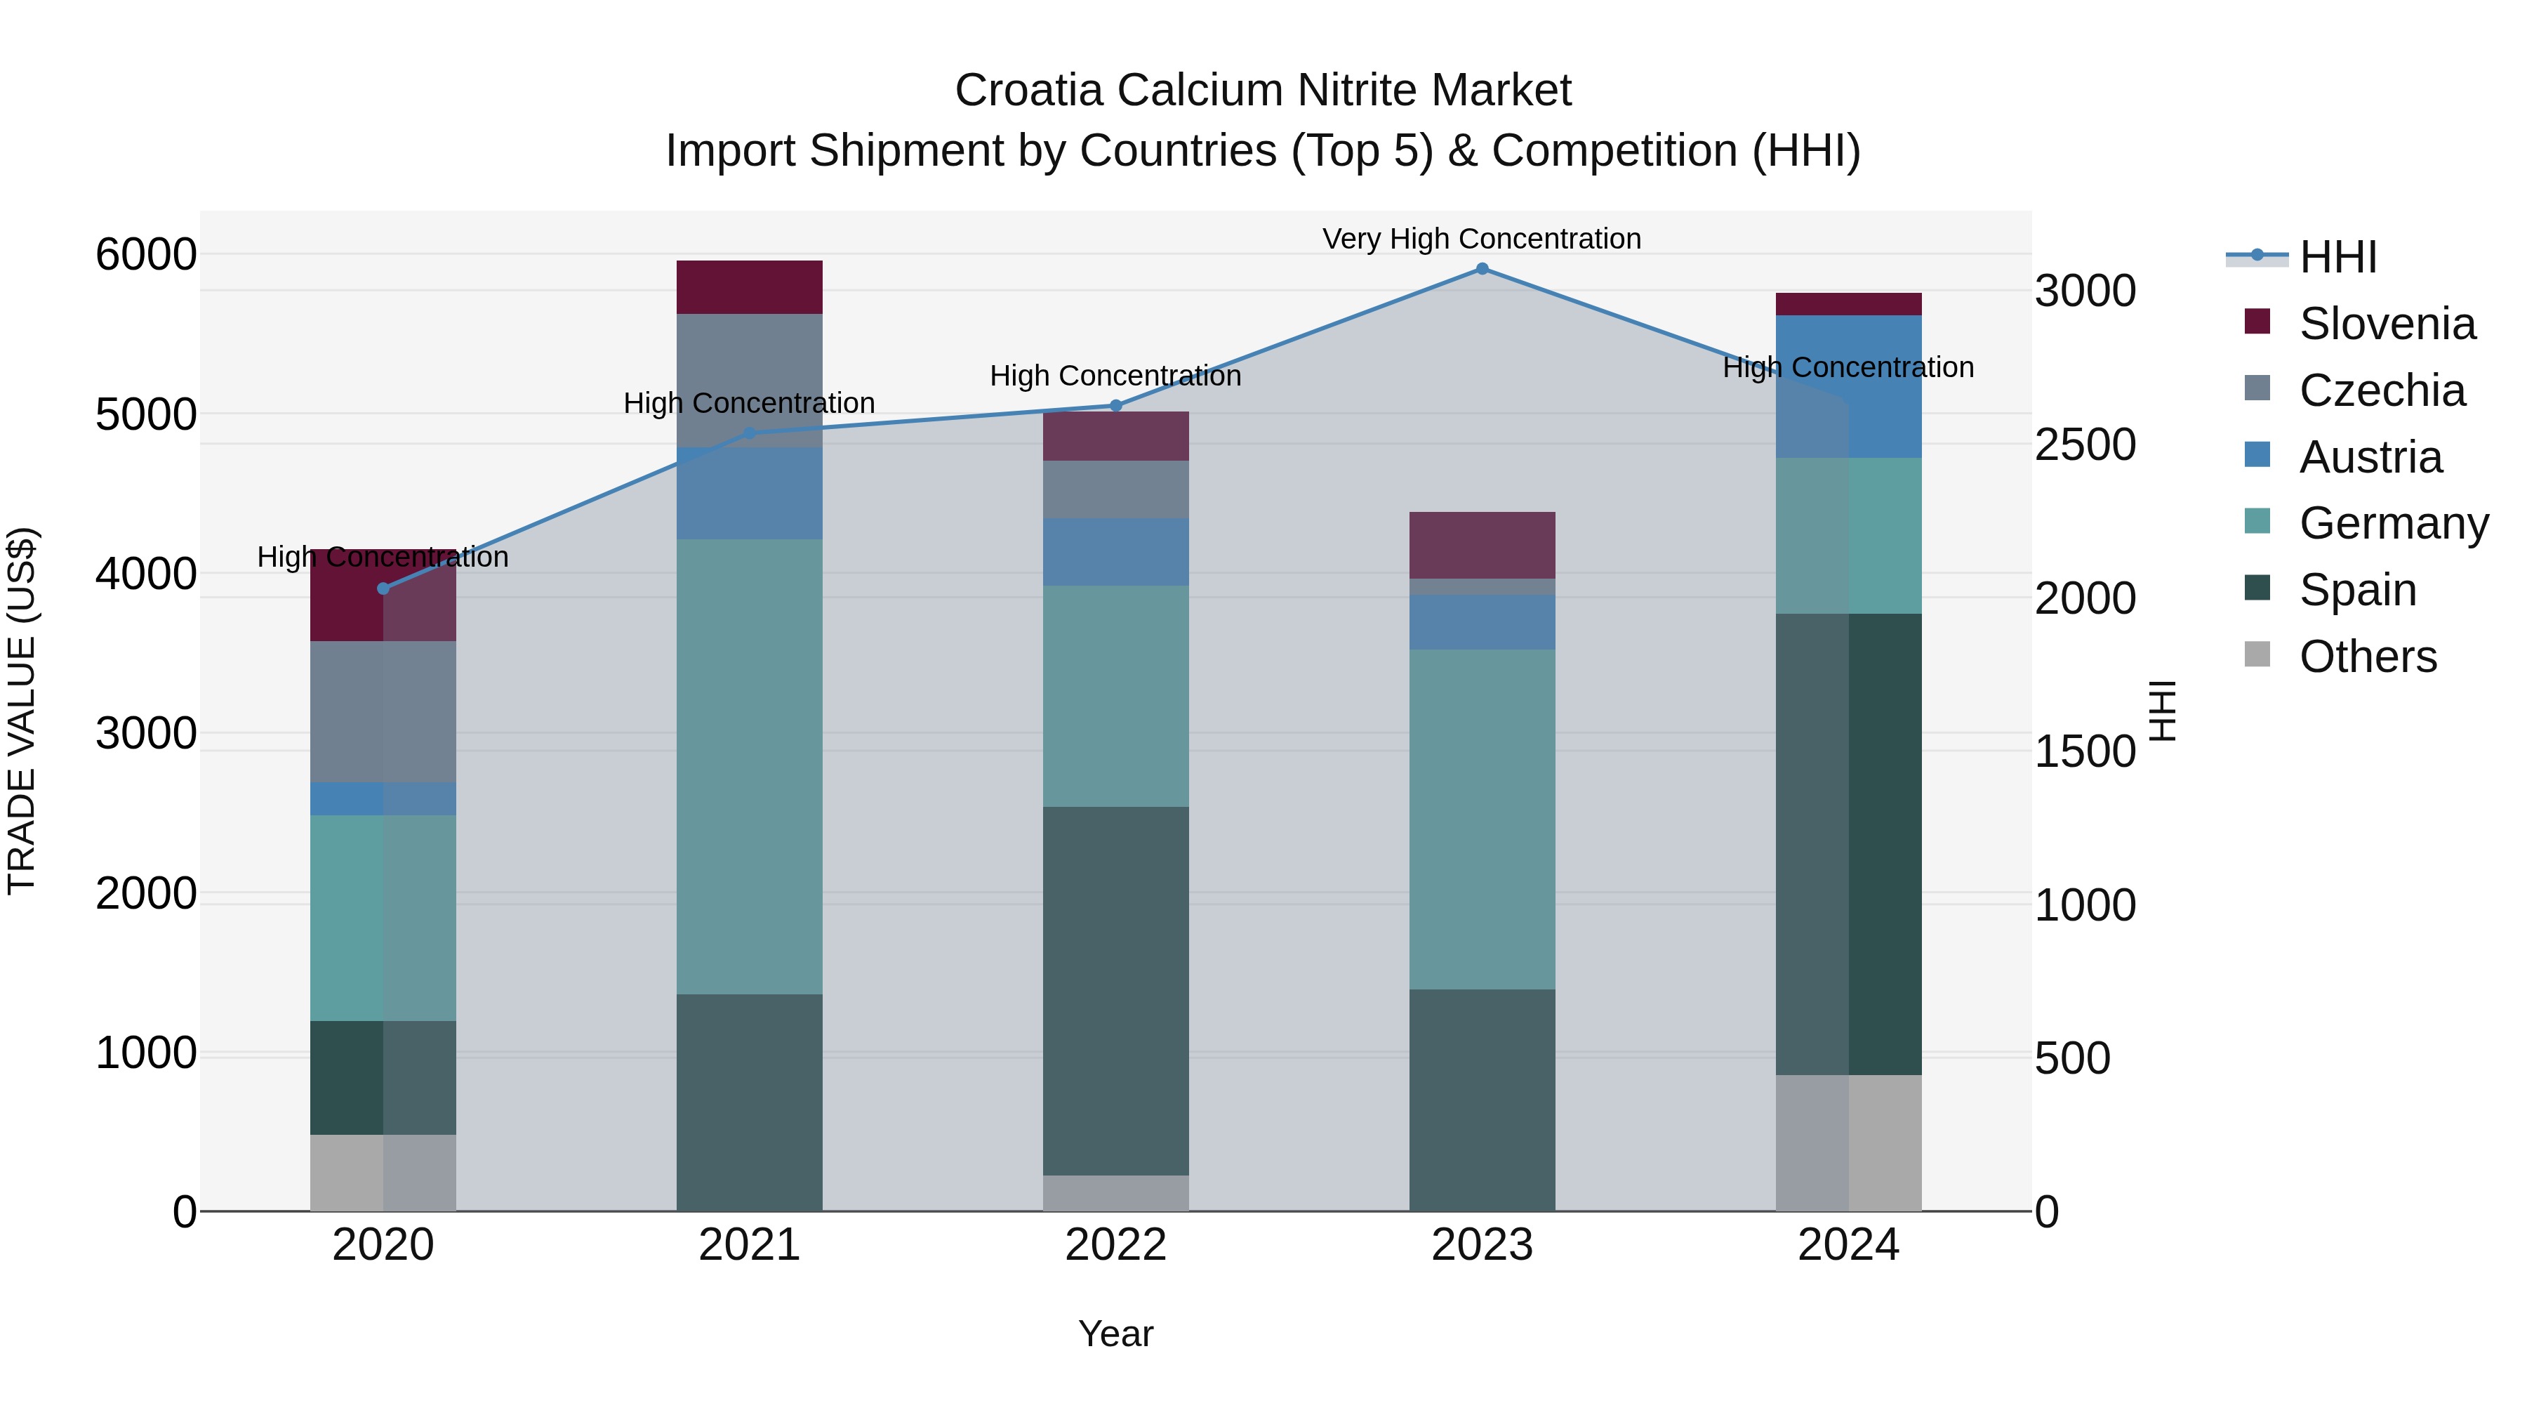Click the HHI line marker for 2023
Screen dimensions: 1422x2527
1481,269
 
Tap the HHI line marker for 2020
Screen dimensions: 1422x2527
383,589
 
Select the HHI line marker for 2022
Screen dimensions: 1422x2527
1115,405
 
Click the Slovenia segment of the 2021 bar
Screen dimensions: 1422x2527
750,287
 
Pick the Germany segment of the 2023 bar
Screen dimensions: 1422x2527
1481,819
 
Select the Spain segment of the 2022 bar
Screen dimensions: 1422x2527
1115,991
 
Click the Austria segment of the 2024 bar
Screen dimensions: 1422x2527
1848,387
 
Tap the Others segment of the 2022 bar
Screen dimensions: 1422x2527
1115,1192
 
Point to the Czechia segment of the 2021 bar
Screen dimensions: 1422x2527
750,381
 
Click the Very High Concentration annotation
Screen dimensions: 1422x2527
1481,239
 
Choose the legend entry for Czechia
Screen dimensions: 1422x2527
2381,390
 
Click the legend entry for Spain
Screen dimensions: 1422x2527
2356,590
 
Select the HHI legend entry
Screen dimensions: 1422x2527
2337,257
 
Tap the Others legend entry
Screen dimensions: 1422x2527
2366,657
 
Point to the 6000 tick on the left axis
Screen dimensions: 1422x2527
145,255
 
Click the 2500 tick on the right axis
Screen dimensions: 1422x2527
2085,445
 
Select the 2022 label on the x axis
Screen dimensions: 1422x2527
1115,1245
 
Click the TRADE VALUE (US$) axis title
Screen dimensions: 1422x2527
22,711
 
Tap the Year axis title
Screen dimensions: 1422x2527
1115,1334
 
